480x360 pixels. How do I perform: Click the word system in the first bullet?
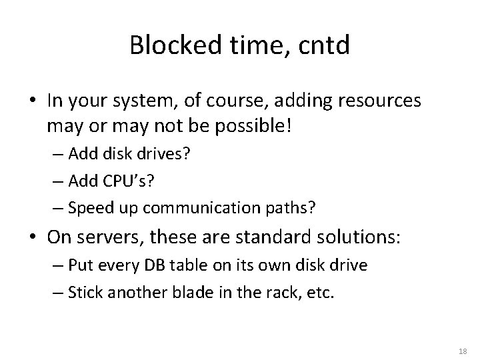coord(148,101)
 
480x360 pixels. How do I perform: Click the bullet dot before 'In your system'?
coord(33,102)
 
